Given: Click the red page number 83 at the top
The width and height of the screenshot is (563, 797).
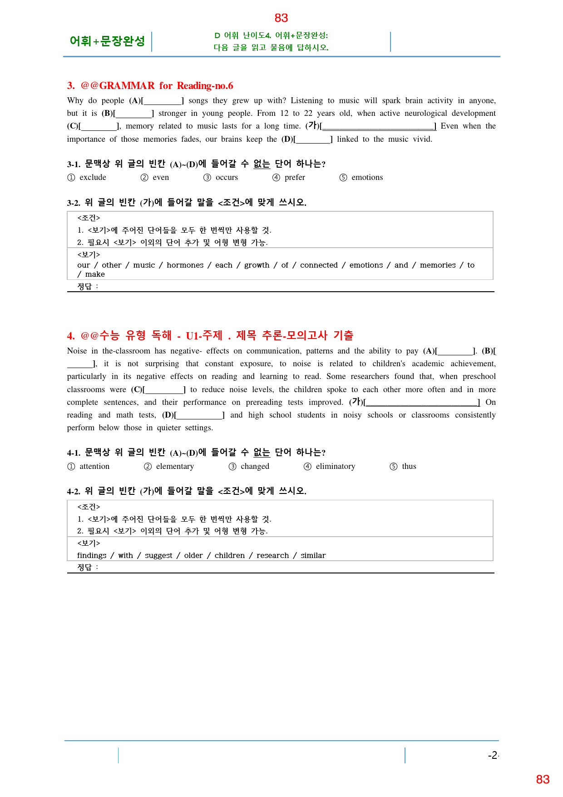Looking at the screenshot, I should pos(281,18).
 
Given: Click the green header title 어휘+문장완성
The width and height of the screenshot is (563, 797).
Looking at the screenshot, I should pos(107,41).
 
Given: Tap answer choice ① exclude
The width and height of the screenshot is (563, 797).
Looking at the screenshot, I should pos(87,178).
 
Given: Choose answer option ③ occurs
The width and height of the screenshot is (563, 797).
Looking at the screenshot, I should pos(221,178).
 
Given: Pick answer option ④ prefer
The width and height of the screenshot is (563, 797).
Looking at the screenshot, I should pos(289,178).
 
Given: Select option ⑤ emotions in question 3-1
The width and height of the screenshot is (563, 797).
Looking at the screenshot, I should pos(361,178).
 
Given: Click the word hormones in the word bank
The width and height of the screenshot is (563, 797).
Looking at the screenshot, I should pos(185,265).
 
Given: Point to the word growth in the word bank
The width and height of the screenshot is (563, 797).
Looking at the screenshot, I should pos(257,265).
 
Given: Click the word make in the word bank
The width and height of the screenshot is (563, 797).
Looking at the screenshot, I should pos(95,274).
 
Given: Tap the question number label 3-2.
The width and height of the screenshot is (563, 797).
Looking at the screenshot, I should pos(74,203).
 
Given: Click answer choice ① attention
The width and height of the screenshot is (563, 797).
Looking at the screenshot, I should pos(89,467).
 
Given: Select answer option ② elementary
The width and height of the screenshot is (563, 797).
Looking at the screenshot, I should pos(169,467).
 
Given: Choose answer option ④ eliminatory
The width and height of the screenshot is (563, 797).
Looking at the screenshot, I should pos(330,467).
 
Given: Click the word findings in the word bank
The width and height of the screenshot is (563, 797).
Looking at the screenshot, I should pos(92,556).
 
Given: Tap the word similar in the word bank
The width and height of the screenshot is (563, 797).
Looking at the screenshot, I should pos(313,556).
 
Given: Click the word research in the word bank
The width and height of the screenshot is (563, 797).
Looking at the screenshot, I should pos(272,556).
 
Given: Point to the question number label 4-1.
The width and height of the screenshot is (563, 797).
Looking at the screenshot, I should pos(74,453).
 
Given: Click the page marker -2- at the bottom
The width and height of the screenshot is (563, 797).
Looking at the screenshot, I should pos(493,756).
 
